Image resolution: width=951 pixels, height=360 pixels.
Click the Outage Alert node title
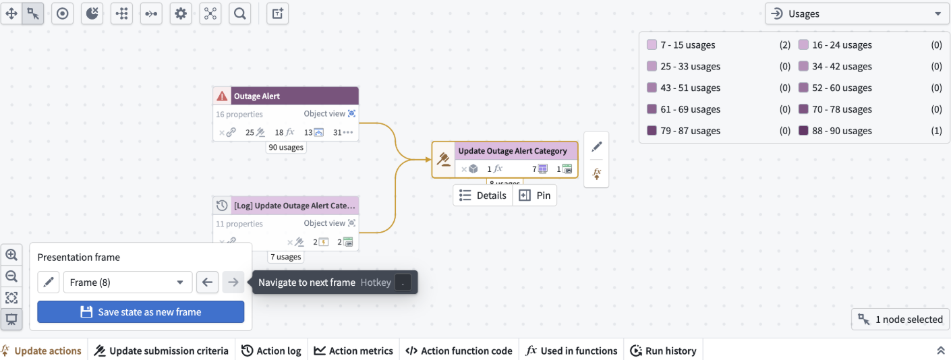click(x=257, y=96)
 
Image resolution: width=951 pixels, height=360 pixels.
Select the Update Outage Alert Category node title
click(x=513, y=151)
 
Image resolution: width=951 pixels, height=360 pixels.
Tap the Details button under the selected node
click(x=483, y=196)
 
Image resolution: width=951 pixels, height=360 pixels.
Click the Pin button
click(x=536, y=196)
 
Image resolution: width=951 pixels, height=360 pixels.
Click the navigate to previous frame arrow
click(x=208, y=282)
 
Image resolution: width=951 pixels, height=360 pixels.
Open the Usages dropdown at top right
click(x=856, y=13)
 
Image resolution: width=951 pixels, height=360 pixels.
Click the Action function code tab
click(x=458, y=351)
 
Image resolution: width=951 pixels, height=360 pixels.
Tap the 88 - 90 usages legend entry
click(x=842, y=131)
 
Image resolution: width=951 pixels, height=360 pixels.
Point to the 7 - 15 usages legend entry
click(x=687, y=45)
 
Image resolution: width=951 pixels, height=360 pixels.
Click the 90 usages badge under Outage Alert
click(x=286, y=147)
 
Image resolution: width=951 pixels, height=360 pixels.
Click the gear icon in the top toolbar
click(x=180, y=13)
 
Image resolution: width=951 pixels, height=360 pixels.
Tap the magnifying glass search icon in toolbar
click(x=239, y=13)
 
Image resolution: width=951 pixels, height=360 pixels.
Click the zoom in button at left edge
click(x=11, y=255)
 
